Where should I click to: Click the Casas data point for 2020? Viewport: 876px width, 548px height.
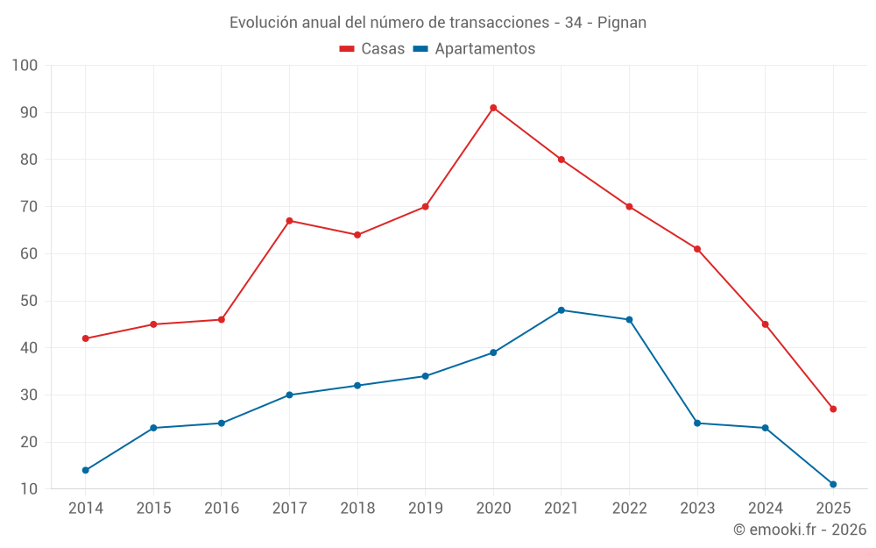[493, 108]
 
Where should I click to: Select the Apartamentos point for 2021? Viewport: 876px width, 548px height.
[562, 310]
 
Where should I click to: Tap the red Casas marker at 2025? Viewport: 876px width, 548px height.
[833, 409]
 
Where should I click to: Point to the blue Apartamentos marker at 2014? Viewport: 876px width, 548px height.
[86, 471]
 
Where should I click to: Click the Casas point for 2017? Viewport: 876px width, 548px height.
[289, 221]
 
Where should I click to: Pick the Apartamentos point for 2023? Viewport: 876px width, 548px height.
[697, 423]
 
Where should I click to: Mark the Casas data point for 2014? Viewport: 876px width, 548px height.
[86, 338]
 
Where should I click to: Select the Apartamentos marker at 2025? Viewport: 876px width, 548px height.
[833, 485]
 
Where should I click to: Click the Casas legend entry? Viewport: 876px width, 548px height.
[372, 49]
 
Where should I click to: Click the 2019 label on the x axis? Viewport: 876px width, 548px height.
[425, 509]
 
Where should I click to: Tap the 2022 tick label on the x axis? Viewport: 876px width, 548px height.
[629, 509]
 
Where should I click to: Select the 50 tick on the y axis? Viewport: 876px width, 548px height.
[29, 301]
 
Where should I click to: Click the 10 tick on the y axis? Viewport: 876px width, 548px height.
[29, 489]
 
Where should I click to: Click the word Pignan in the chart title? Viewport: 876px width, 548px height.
[622, 23]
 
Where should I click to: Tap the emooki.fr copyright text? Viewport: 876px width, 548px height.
[800, 530]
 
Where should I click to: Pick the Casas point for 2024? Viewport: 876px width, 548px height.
[765, 324]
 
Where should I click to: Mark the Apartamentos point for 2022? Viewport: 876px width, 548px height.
[629, 320]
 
